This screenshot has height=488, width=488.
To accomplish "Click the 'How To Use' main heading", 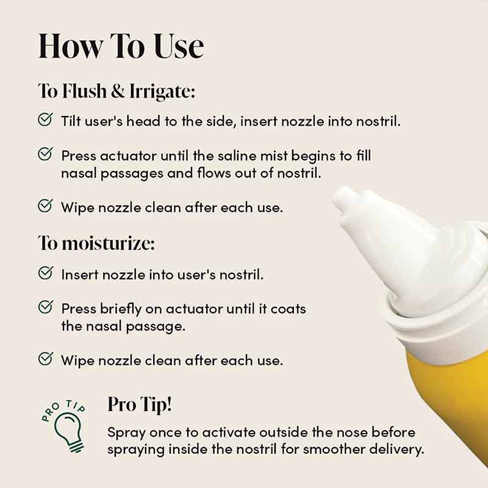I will (x=121, y=47).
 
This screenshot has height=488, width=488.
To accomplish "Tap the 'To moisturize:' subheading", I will (x=96, y=243).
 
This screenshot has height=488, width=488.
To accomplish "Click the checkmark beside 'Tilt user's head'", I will (x=45, y=120).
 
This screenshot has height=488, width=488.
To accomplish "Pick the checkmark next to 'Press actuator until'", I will (x=45, y=155).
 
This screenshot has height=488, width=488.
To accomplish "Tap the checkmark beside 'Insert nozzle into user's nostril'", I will (x=45, y=273).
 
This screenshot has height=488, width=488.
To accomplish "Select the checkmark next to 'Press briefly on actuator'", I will (x=45, y=307).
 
